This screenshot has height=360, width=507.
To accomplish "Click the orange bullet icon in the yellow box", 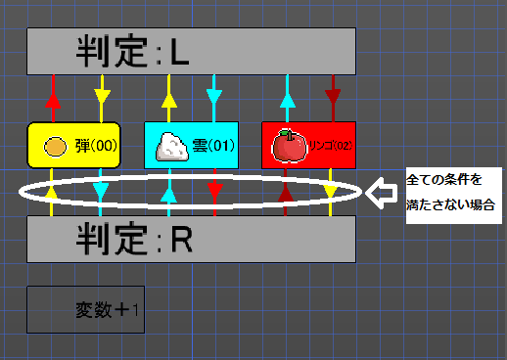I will (x=56, y=146).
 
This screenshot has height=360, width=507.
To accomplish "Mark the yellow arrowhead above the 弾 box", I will (x=102, y=99).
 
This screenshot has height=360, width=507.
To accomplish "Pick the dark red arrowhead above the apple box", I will (x=333, y=99).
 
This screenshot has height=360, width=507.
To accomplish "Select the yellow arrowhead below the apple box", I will (x=333, y=190).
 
